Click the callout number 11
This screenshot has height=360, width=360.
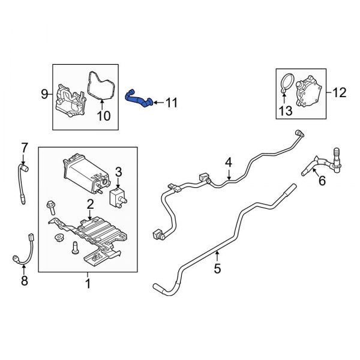pyautogui.click(x=172, y=103)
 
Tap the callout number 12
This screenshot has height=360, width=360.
pyautogui.click(x=339, y=92)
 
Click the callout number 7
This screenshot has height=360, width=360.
pyautogui.click(x=25, y=147)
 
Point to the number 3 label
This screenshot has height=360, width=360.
pyautogui.click(x=118, y=173)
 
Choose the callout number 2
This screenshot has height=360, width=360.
pyautogui.click(x=90, y=205)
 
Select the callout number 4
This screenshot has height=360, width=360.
pyautogui.click(x=228, y=162)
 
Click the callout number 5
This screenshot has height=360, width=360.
pyautogui.click(x=217, y=268)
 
